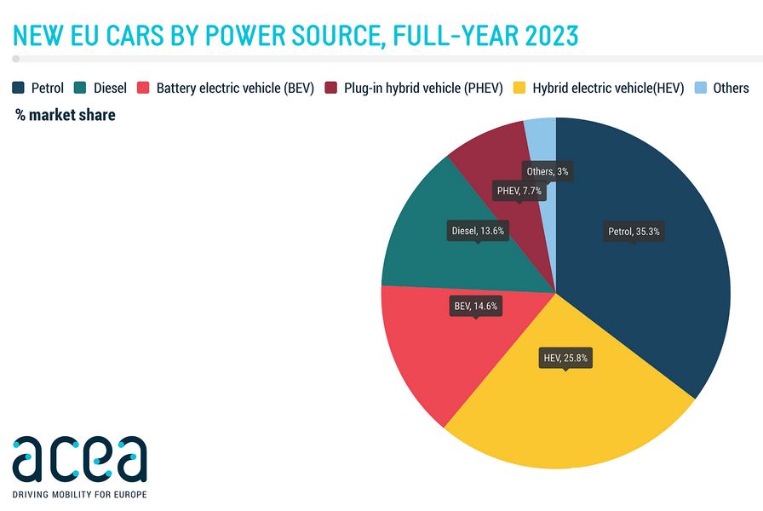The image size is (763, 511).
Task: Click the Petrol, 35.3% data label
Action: pyautogui.click(x=634, y=231)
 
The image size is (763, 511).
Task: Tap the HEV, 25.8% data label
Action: pyautogui.click(x=565, y=359)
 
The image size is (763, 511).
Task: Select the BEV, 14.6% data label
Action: pyautogui.click(x=476, y=306)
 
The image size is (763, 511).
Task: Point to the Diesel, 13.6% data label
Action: pyautogui.click(x=478, y=231)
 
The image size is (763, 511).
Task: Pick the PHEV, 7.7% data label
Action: pyautogui.click(x=519, y=191)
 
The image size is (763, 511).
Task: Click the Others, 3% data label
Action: pyautogui.click(x=548, y=171)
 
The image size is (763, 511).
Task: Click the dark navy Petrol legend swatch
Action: pyautogui.click(x=18, y=88)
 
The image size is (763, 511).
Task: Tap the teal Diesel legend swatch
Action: pyautogui.click(x=80, y=88)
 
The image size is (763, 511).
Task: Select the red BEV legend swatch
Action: pyautogui.click(x=143, y=88)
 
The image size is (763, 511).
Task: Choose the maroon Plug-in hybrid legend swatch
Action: pyautogui.click(x=331, y=88)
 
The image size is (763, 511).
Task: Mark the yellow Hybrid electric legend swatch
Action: pyautogui.click(x=519, y=88)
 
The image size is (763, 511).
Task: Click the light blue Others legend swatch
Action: pyautogui.click(x=701, y=88)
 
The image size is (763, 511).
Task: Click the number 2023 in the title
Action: pyautogui.click(x=552, y=36)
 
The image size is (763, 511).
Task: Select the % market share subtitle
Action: pyautogui.click(x=66, y=115)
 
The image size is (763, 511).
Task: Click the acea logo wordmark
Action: pyautogui.click(x=79, y=458)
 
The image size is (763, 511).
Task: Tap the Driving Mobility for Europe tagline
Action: pyautogui.click(x=79, y=495)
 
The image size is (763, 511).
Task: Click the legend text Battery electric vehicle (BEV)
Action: pyautogui.click(x=235, y=88)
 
